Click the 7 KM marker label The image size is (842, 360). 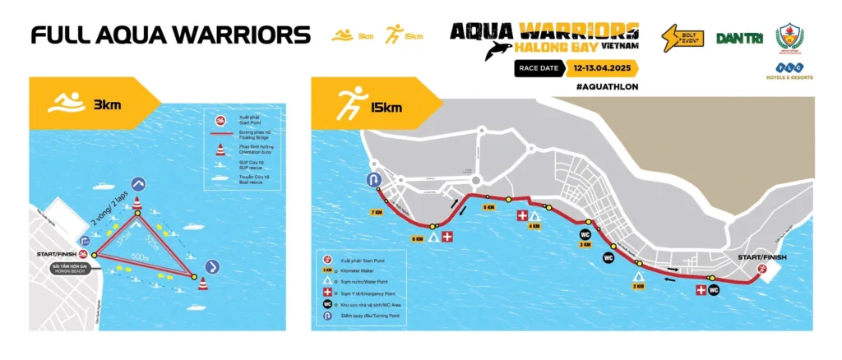[377, 213]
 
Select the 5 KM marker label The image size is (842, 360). [488, 207]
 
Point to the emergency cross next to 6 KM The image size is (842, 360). [446, 237]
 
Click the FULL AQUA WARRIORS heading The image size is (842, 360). [171, 35]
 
